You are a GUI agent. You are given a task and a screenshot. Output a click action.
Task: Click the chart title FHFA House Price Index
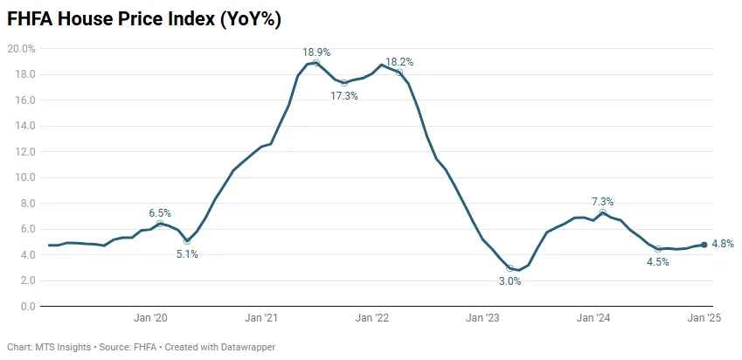[x=145, y=18]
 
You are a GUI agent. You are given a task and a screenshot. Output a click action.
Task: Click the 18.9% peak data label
[x=316, y=52]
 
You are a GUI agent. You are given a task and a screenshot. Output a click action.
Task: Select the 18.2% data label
[x=399, y=62]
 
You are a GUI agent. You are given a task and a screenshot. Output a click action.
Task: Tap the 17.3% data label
[x=344, y=95]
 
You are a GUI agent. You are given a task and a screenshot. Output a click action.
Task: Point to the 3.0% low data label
[x=510, y=281]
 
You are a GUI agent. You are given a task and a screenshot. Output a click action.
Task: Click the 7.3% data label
[x=602, y=202]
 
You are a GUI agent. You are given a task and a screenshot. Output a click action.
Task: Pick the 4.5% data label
[x=656, y=262]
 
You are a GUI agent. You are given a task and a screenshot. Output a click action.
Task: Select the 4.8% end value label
[x=724, y=244]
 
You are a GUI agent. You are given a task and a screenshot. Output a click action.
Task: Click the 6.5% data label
[x=160, y=212]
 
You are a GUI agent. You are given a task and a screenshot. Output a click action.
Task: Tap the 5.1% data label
[x=187, y=254]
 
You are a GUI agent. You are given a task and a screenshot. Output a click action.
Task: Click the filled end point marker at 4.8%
[x=704, y=245]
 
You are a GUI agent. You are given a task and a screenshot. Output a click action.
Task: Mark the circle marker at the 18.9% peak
[x=316, y=63]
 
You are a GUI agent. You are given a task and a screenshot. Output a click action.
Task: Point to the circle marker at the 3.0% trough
[x=510, y=268]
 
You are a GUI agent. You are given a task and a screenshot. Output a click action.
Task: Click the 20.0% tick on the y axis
[x=21, y=49]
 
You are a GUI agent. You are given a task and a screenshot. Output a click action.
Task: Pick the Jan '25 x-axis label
[x=704, y=319]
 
